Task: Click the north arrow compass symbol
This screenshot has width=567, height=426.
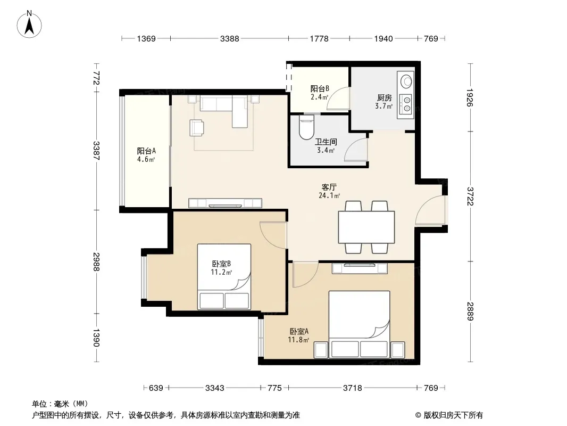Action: coord(29,24)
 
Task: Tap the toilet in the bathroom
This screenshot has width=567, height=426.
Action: coord(307,127)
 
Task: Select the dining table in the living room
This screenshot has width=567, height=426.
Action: coord(366,227)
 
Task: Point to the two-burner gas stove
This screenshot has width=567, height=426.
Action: coord(406,103)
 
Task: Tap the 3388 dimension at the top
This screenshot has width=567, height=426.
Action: coord(230,38)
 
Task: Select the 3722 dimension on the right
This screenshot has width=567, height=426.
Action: coord(470,196)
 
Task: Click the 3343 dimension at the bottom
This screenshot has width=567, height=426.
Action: coord(215,388)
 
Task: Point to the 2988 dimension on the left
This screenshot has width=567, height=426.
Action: coord(96,261)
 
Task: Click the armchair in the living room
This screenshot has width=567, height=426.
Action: coord(196,128)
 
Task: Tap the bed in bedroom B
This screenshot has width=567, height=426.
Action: coord(224,277)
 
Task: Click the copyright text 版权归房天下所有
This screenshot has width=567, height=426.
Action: coord(453,415)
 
